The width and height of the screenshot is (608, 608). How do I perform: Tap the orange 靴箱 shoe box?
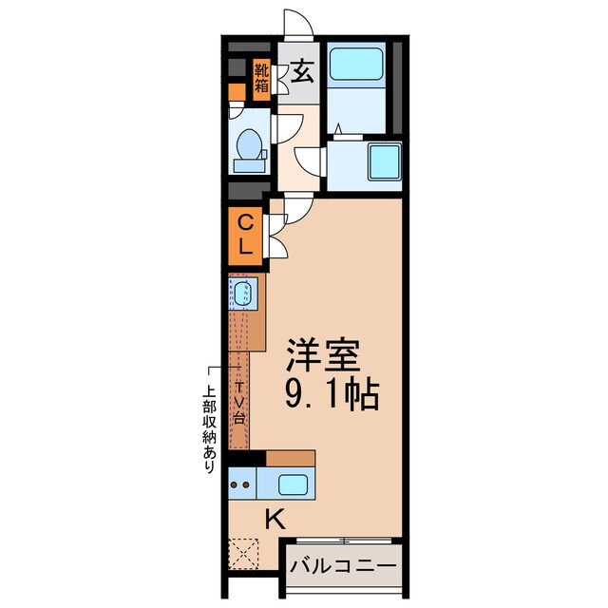(261, 81)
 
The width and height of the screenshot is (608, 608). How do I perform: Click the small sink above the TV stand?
(242, 294)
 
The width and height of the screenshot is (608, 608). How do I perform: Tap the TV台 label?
(239, 402)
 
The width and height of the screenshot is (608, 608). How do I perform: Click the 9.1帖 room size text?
(332, 392)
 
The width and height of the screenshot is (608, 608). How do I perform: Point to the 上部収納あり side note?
(208, 427)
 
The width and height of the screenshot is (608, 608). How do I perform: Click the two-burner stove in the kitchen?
(241, 483)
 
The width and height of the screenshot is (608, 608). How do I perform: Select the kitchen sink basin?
(289, 484)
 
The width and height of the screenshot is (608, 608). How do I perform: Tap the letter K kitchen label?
(274, 519)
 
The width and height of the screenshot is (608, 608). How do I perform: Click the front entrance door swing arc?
(296, 24)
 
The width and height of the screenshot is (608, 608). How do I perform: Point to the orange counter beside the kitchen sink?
(291, 458)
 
